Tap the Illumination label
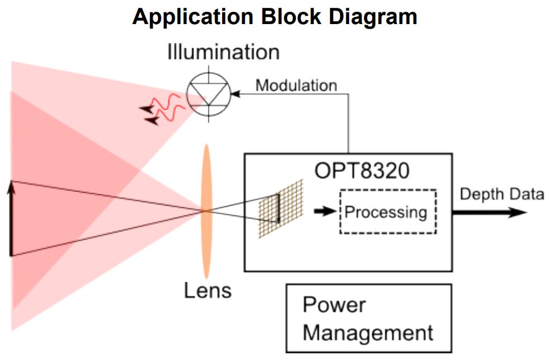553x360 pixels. (223, 52)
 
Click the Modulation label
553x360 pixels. (296, 85)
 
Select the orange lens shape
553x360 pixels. (207, 211)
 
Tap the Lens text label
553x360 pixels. (208, 291)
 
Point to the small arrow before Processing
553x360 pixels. (322, 212)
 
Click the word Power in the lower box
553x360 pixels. (334, 305)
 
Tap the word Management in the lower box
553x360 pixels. (368, 333)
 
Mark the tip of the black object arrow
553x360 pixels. (10, 184)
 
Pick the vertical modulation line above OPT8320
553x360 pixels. (349, 123)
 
